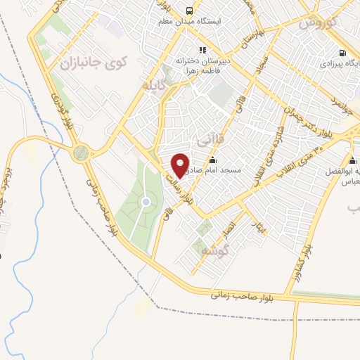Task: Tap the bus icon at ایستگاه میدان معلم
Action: click(188, 10)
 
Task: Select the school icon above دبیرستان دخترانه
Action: click(202, 50)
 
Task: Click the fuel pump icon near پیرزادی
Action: click(342, 53)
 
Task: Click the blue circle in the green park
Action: click(146, 202)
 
